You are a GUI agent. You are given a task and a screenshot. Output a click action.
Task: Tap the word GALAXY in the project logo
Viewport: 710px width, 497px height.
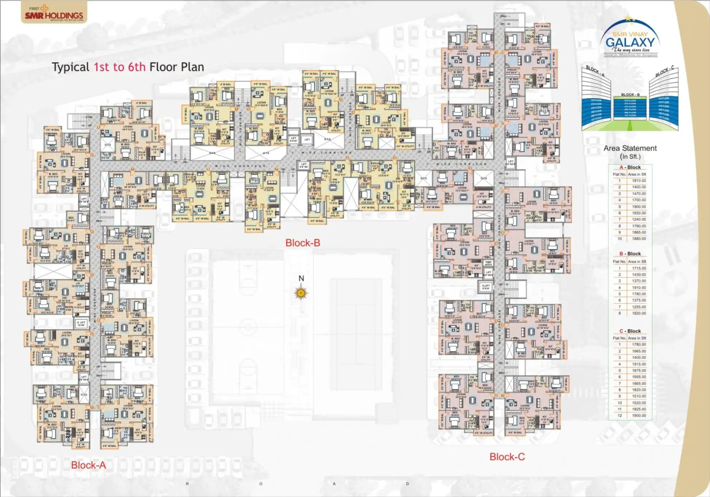pos(630,42)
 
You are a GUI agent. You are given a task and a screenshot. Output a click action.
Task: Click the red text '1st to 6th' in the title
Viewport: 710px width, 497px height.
pos(119,67)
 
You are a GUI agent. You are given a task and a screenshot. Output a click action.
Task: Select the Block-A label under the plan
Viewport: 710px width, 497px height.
pos(88,465)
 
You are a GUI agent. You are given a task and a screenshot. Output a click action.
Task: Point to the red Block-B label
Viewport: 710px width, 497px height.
pos(302,243)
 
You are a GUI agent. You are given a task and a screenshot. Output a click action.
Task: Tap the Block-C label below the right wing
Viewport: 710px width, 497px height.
pos(507,457)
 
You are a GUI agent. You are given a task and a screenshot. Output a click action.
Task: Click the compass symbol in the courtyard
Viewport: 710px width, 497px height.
pos(301,293)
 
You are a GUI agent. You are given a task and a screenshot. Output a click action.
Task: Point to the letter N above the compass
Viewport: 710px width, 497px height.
pos(301,278)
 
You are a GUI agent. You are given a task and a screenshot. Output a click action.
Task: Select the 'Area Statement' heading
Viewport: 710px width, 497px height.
pos(630,148)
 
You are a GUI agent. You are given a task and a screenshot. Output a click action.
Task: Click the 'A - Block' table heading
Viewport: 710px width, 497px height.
pos(630,167)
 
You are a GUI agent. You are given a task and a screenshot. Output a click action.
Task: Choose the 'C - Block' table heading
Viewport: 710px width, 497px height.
pos(630,331)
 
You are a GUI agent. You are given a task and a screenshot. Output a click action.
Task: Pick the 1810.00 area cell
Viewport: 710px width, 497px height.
pos(639,181)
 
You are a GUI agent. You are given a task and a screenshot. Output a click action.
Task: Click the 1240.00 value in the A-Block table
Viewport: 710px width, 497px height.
pos(639,219)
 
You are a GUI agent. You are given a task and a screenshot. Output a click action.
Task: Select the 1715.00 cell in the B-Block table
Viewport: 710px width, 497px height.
pos(639,268)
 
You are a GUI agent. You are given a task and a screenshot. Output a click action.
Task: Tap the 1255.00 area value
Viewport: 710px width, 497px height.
pos(639,307)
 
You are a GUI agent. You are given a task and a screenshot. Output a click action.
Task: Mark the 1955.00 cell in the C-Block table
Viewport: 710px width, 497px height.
pos(639,377)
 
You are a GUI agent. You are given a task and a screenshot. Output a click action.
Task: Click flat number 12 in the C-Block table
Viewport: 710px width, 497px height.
pos(619,416)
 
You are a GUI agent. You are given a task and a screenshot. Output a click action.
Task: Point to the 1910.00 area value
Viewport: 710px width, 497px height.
pos(639,287)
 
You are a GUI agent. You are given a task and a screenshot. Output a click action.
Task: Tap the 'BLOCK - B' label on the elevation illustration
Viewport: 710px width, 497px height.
pos(630,95)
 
